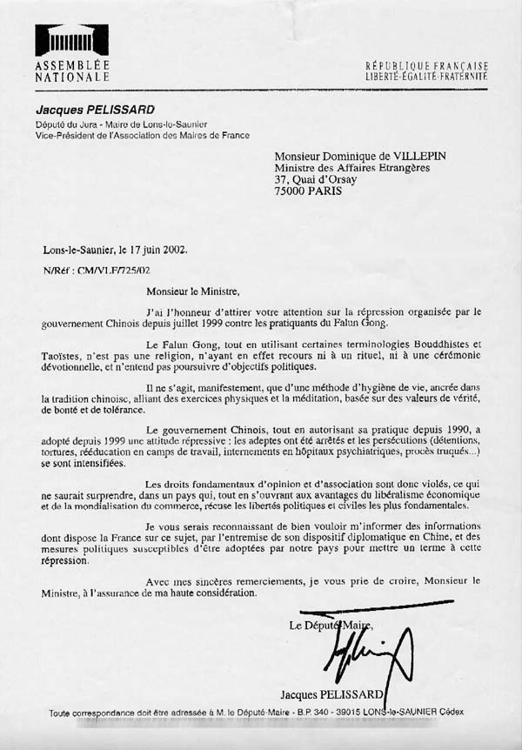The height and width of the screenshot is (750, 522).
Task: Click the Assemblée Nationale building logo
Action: click(x=71, y=40)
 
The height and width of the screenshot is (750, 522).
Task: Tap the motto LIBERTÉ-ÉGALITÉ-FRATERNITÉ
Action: click(x=426, y=77)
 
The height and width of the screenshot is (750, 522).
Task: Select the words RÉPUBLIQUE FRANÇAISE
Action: click(x=426, y=65)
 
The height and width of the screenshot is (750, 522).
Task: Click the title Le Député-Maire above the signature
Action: click(x=331, y=626)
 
